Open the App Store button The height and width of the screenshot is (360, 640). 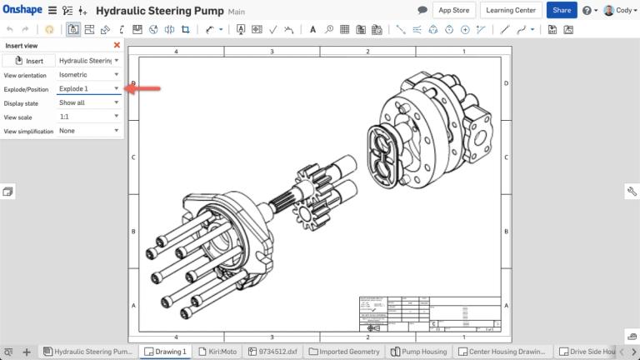[x=455, y=10]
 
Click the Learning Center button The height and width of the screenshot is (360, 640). [x=511, y=10]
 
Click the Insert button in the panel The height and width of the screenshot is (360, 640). [x=29, y=61]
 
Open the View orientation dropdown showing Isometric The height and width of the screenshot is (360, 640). [x=88, y=75]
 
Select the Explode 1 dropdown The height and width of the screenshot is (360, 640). [x=88, y=89]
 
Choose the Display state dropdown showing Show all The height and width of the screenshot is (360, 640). [x=88, y=103]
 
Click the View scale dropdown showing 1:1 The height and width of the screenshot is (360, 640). [x=88, y=117]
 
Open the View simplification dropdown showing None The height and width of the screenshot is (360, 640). [x=88, y=131]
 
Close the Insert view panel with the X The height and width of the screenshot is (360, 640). [x=117, y=45]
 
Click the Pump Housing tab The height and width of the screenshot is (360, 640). [x=419, y=352]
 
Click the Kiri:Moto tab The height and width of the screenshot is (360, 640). [x=217, y=352]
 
